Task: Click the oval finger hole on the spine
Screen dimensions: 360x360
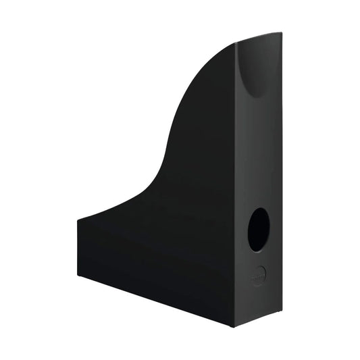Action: (259, 229)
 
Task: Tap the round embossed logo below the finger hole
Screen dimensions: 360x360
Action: (258, 274)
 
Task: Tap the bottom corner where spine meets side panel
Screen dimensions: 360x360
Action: (234, 327)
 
